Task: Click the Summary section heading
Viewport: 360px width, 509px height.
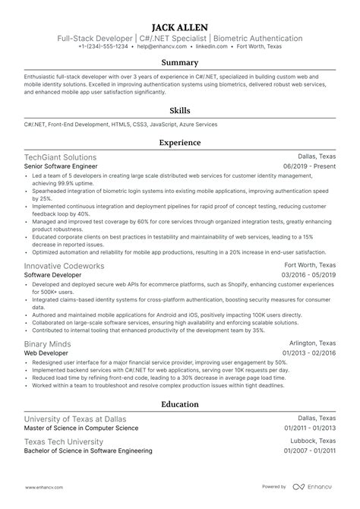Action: (180, 62)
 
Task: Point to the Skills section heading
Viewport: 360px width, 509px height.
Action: (180, 109)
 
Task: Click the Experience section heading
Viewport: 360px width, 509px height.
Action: (180, 142)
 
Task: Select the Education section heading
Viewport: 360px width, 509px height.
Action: (180, 405)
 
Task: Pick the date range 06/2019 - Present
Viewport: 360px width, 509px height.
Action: (309, 166)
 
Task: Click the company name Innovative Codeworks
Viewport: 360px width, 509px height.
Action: (65, 267)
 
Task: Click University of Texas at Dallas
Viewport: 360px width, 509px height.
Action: (75, 419)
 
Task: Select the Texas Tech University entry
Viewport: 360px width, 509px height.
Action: (65, 441)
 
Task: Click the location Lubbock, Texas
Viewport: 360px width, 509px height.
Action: (313, 441)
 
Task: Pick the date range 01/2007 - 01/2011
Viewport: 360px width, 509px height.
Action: (308, 451)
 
